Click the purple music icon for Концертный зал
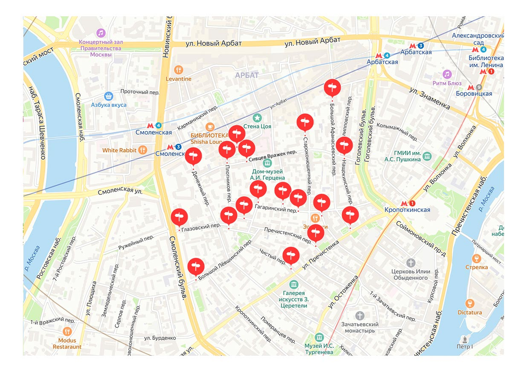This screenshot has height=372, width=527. [101, 33]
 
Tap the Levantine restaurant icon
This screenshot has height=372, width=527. [178, 69]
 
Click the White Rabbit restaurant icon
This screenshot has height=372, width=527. [142, 150]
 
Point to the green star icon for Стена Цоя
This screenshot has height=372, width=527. [257, 117]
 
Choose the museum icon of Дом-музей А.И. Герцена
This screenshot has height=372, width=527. [267, 163]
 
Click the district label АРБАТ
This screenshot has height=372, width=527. [247, 75]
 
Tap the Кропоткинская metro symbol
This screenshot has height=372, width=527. [407, 203]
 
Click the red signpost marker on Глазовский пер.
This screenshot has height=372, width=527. [179, 217]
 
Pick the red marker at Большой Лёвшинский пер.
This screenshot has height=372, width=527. [196, 266]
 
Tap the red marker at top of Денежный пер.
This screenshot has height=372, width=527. [193, 156]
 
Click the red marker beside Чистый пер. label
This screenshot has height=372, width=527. [291, 255]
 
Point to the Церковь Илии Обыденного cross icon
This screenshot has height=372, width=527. [410, 263]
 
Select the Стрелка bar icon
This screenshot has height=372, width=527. [476, 259]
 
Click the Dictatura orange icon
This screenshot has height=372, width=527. [469, 303]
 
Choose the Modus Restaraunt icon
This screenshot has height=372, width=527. [67, 331]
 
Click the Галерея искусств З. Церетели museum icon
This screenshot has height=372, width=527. [294, 284]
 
